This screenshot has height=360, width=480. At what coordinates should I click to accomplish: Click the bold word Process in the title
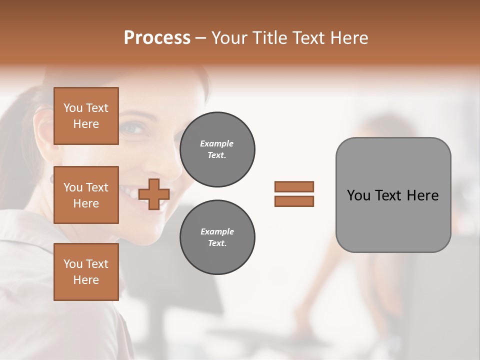click(x=157, y=38)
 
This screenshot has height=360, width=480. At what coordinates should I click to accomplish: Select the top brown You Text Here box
click(x=86, y=116)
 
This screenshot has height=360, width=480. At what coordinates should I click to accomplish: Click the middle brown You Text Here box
click(x=86, y=195)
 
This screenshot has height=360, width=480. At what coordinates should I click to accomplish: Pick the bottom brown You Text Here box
click(x=86, y=272)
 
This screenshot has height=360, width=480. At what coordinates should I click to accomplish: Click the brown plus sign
click(x=154, y=194)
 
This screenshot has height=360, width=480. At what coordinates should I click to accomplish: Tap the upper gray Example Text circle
click(x=217, y=149)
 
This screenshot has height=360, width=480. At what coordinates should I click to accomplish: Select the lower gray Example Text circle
click(x=217, y=237)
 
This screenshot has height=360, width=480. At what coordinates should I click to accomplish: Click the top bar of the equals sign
click(x=294, y=186)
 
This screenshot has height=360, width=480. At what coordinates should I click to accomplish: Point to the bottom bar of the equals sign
click(x=294, y=201)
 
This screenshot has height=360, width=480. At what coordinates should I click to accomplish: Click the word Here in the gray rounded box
click(x=422, y=195)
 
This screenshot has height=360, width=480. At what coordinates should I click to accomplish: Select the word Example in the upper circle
click(x=217, y=143)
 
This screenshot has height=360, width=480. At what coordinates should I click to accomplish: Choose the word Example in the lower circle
click(x=217, y=231)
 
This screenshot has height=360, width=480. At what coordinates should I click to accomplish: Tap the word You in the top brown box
click(x=73, y=108)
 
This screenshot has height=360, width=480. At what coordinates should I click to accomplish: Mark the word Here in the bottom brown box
click(x=86, y=280)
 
